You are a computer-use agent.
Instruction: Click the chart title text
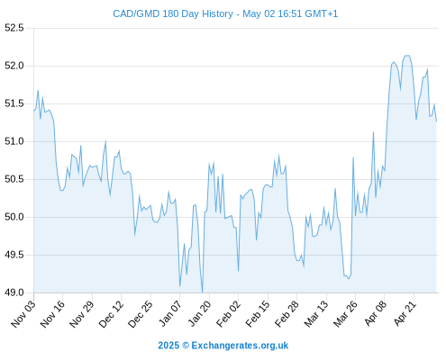coord(225,13)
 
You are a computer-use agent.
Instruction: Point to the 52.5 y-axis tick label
coord(14,28)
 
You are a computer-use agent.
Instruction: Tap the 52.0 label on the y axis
coord(14,66)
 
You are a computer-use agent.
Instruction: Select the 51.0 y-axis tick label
coord(14,141)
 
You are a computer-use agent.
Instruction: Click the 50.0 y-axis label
coord(14,217)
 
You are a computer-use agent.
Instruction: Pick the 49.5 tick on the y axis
coord(14,255)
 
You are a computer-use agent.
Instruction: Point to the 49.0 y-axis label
coord(14,292)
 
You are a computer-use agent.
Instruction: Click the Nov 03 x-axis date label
coord(23,313)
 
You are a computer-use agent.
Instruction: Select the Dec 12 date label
coord(111,313)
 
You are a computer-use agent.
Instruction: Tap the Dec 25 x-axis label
coord(141,313)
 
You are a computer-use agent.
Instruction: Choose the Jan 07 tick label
coord(170,313)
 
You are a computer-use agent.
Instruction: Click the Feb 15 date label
coord(258,313)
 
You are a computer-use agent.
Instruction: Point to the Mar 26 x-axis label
coord(345,313)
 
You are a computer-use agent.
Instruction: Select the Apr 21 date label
coord(405,313)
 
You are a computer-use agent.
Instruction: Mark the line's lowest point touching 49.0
coord(203,292)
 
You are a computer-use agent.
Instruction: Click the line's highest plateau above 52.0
coord(407,56)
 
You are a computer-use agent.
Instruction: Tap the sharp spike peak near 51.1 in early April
coord(373,132)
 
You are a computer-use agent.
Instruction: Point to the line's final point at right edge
coord(436,121)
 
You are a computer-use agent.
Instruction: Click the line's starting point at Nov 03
coord(34,111)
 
